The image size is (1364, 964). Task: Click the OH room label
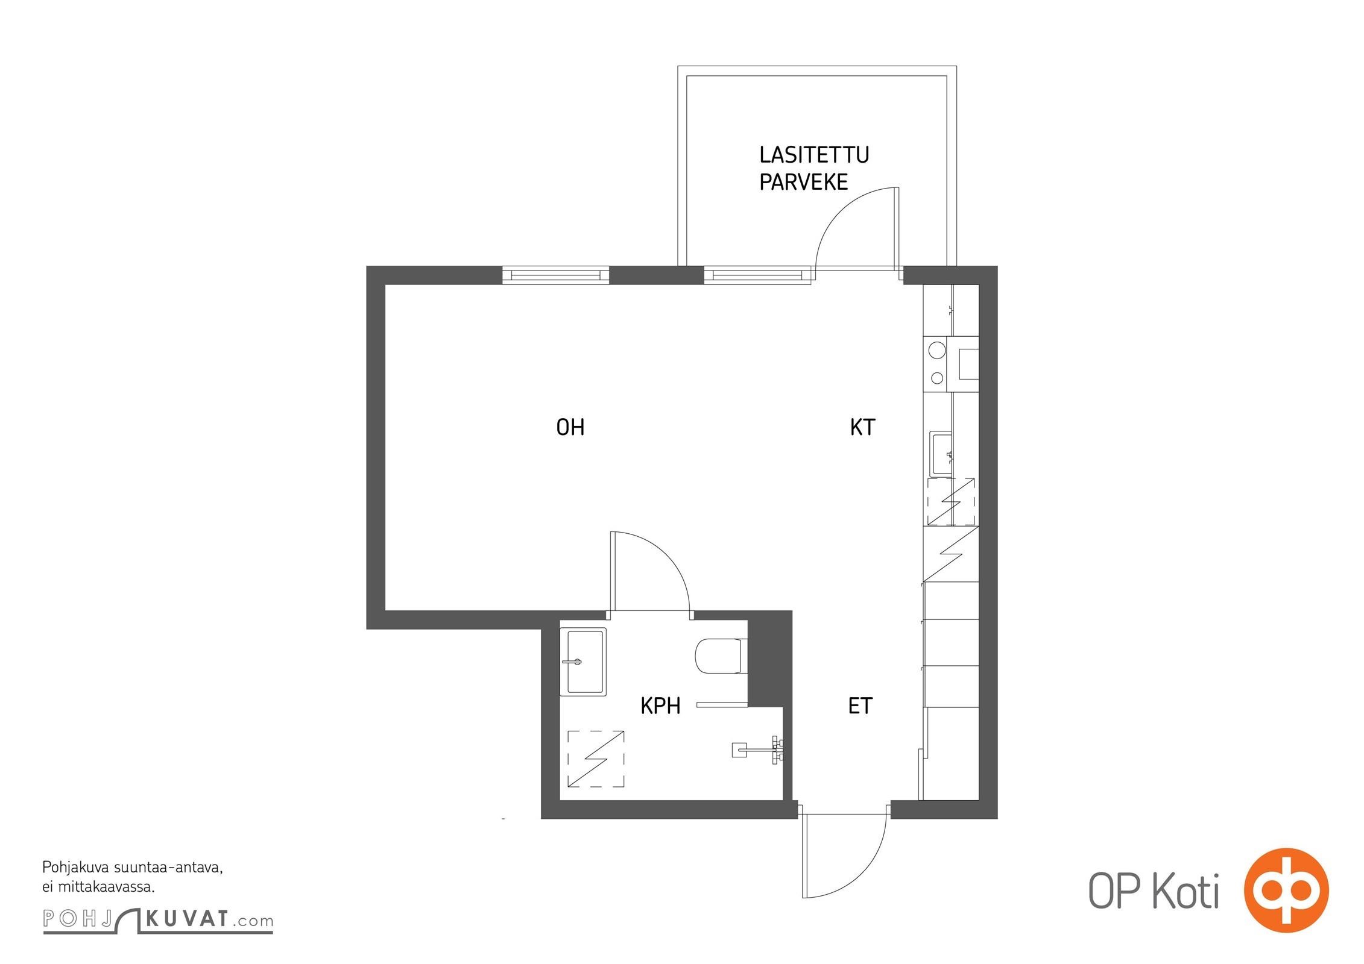tap(570, 427)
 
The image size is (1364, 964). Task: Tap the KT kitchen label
tap(862, 427)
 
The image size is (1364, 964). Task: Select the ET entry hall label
tap(860, 706)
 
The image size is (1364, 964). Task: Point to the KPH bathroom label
tap(660, 706)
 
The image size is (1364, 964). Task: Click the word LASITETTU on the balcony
tap(814, 155)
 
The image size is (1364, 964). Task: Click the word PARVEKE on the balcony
tap(803, 181)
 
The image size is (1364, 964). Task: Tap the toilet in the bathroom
tap(721, 656)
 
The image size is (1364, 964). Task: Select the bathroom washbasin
tap(583, 662)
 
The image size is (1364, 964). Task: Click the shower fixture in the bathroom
tap(758, 751)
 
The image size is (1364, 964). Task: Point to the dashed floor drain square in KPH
tap(596, 759)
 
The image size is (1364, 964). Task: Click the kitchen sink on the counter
tap(941, 454)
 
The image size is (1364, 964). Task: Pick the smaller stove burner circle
tap(937, 378)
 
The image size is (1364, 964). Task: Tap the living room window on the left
tap(555, 275)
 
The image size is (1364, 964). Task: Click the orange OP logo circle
tap(1286, 889)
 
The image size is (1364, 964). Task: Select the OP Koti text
tap(1153, 890)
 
